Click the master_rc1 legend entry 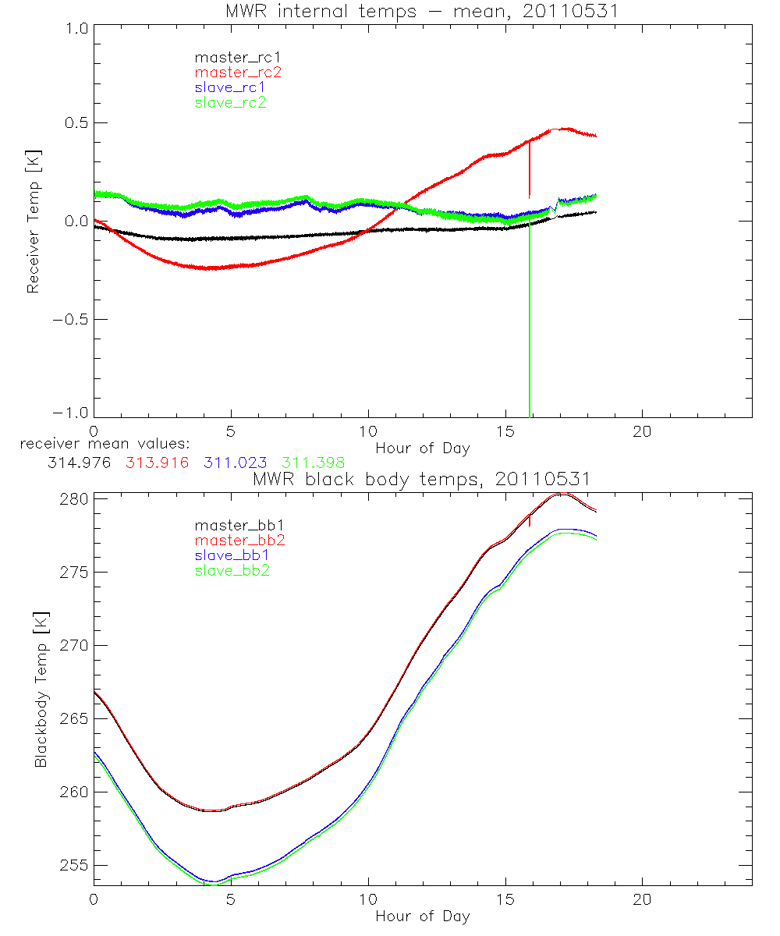pos(230,57)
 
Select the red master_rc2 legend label pos(238,72)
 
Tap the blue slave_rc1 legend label pos(230,87)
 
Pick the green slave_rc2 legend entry pos(230,102)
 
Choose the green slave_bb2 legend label pos(230,571)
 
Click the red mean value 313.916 pos(156,463)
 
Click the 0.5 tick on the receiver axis pos(74,123)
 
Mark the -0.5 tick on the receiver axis pos(70,320)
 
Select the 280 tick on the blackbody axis pos(75,499)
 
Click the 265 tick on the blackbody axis pos(75,719)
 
